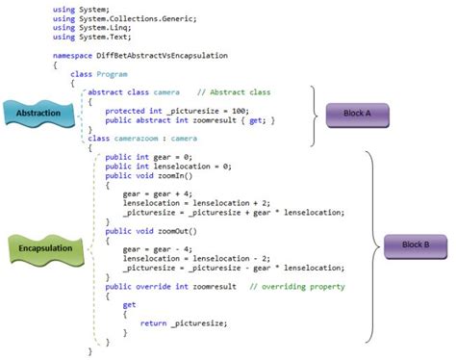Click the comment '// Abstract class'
tap(230, 92)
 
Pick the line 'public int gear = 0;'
tap(144, 156)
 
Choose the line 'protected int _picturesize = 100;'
tap(167, 112)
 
